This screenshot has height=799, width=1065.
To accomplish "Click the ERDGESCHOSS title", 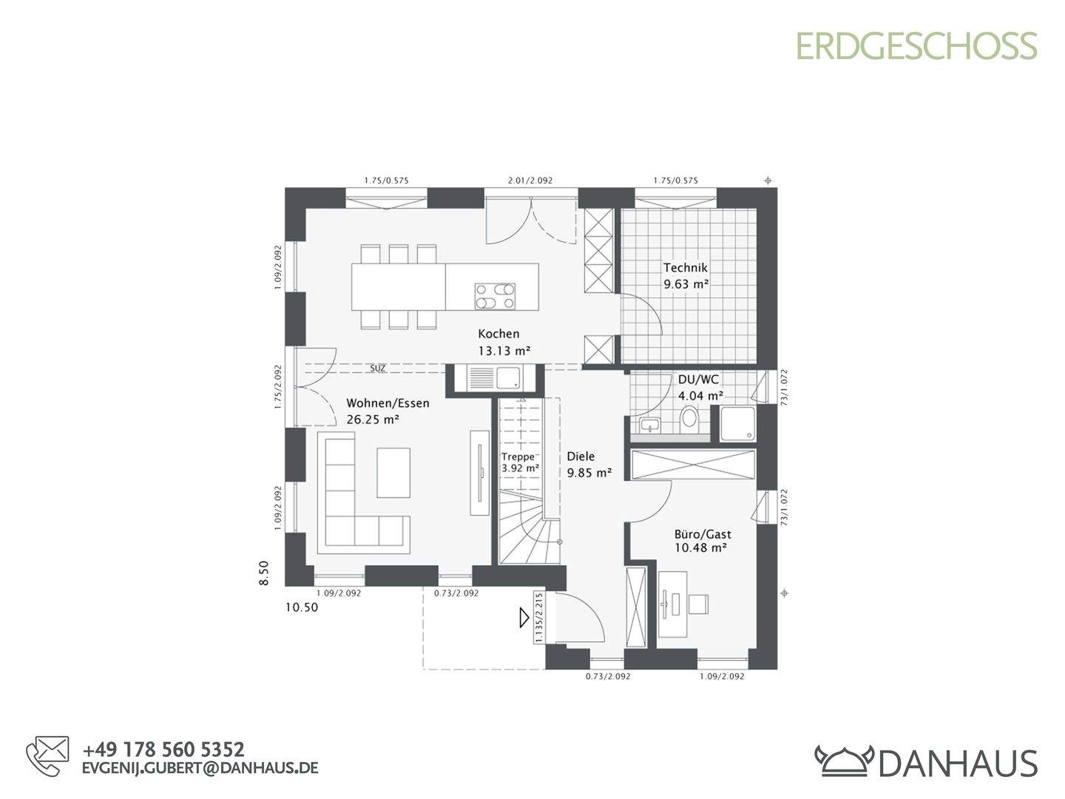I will [x=916, y=46].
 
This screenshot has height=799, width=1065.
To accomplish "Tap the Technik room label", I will [x=686, y=275].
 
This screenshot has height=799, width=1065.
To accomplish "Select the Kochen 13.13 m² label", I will [x=503, y=343].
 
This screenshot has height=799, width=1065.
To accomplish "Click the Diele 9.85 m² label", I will [x=589, y=465].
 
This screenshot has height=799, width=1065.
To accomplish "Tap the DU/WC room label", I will [x=699, y=387].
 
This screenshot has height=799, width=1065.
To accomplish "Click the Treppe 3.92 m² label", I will [x=519, y=462].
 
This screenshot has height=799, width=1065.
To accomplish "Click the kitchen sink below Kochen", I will [x=495, y=379].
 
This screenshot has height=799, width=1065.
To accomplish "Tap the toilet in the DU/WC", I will [x=689, y=419].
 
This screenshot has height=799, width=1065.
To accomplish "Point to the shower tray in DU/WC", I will [x=737, y=424].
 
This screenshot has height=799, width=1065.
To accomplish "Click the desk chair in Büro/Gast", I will [x=699, y=604].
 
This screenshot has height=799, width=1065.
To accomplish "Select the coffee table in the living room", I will [x=393, y=473].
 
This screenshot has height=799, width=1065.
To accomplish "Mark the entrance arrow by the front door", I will [x=524, y=617].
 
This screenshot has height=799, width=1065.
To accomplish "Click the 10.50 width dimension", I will [x=301, y=607].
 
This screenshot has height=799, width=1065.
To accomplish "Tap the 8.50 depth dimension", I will [x=264, y=573].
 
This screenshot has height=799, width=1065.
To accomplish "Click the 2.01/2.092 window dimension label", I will [x=530, y=181].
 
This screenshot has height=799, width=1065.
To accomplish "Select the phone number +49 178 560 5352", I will [x=163, y=750].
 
